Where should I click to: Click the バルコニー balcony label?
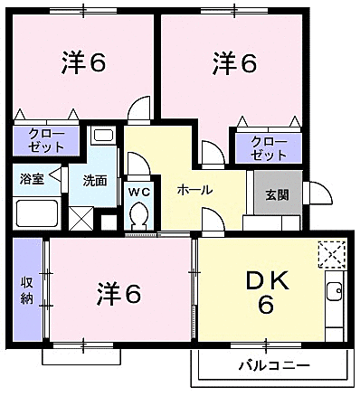[274, 365]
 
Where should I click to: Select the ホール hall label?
[194, 191]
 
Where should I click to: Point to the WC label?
[138, 191]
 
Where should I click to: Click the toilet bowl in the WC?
[138, 217]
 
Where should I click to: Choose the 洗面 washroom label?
[94, 179]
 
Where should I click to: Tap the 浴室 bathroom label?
[33, 177]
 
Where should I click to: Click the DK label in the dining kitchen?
[266, 281]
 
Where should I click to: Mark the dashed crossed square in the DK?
[332, 254]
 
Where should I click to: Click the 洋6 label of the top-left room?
[84, 62]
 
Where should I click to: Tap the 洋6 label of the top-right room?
[235, 62]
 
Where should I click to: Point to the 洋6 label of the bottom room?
[119, 294]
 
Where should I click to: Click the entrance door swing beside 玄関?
[317, 193]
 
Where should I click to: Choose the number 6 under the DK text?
[266, 306]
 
